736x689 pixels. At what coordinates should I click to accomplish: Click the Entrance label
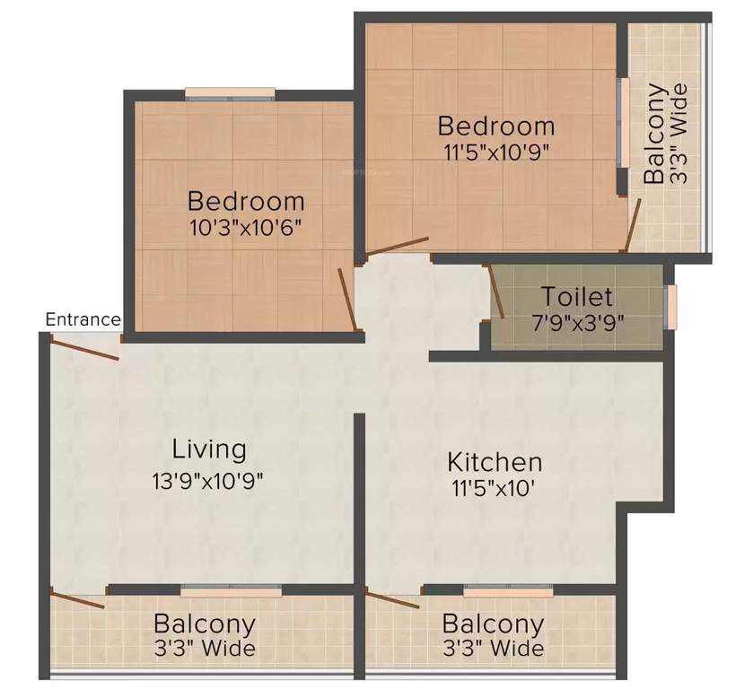click(83, 318)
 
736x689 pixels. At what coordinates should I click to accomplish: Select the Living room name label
click(209, 448)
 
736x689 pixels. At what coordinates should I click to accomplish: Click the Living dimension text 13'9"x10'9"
click(208, 479)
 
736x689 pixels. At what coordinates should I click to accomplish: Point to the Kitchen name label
click(495, 462)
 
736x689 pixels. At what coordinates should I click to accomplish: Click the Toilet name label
click(577, 296)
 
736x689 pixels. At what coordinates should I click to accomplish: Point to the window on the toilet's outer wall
click(669, 306)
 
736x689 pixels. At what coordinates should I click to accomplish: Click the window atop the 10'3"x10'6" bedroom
click(231, 92)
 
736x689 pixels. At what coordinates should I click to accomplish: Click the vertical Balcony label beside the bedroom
click(655, 134)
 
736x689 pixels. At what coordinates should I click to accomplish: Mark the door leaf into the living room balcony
click(79, 599)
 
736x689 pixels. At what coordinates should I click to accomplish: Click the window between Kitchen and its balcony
click(508, 591)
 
